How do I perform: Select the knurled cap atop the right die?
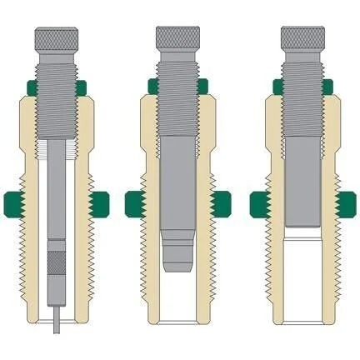(303, 37)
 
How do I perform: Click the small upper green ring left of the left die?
(30, 87)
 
